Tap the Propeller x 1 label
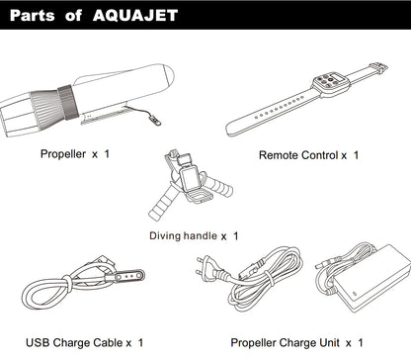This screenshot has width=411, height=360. click(x=75, y=154)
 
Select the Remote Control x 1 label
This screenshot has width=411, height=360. click(x=309, y=154)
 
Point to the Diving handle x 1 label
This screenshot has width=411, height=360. click(x=194, y=236)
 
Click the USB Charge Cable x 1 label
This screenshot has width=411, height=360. click(x=85, y=342)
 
